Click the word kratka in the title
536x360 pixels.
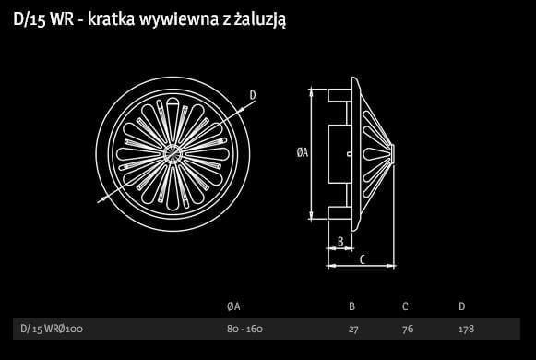click(111, 18)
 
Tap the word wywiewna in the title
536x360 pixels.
click(179, 19)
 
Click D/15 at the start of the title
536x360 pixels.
click(29, 19)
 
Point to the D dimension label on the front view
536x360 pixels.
click(252, 95)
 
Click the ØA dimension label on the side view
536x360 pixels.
click(303, 152)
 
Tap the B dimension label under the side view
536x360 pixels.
click(340, 241)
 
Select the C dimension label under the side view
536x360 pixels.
click(363, 259)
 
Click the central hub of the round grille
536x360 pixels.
click(173, 153)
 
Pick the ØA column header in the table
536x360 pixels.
click(233, 306)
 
